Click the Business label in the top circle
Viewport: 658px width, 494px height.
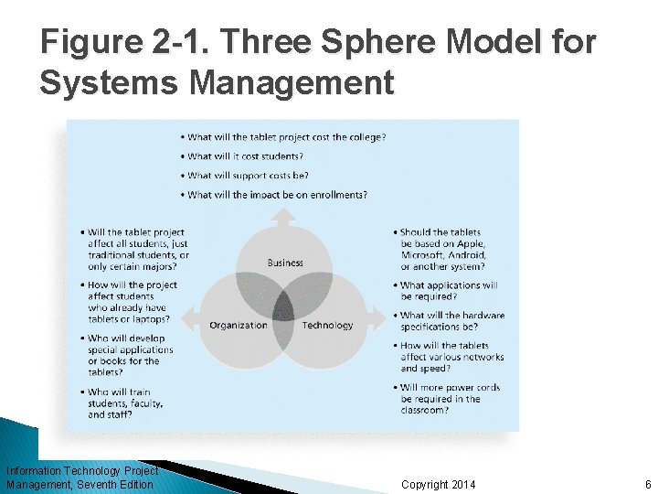[285, 263]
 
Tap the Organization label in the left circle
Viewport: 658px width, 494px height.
[239, 325]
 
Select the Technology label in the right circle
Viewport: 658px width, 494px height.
[327, 325]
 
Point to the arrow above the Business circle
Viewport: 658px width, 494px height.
[284, 219]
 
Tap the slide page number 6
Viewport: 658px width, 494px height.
[647, 484]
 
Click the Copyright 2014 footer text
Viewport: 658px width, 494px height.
[439, 484]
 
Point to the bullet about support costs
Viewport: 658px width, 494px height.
[248, 176]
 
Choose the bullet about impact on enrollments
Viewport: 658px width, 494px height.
[277, 195]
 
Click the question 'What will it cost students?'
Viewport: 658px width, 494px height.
[244, 156]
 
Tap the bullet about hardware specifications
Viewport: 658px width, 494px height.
[451, 321]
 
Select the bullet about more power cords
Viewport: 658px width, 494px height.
[450, 399]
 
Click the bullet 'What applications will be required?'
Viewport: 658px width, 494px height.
[448, 291]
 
